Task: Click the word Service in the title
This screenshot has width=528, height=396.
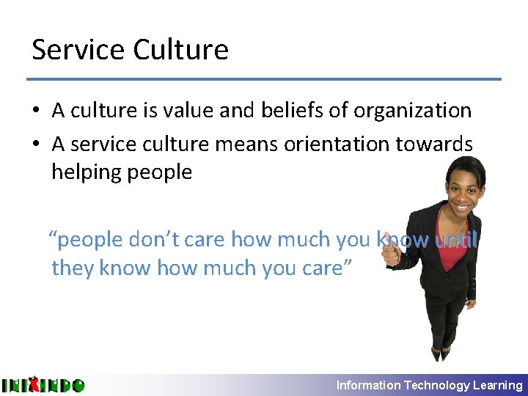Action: point(78,50)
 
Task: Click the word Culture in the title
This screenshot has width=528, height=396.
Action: point(181,50)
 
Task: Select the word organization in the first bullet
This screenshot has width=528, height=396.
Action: point(413,111)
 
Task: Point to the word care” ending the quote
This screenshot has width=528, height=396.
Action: point(328,268)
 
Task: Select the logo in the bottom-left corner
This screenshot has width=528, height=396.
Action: point(43,385)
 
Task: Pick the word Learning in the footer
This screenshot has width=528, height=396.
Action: point(498,385)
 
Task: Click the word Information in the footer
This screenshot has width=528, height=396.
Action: point(368,385)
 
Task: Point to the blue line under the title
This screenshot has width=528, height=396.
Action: point(264,78)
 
